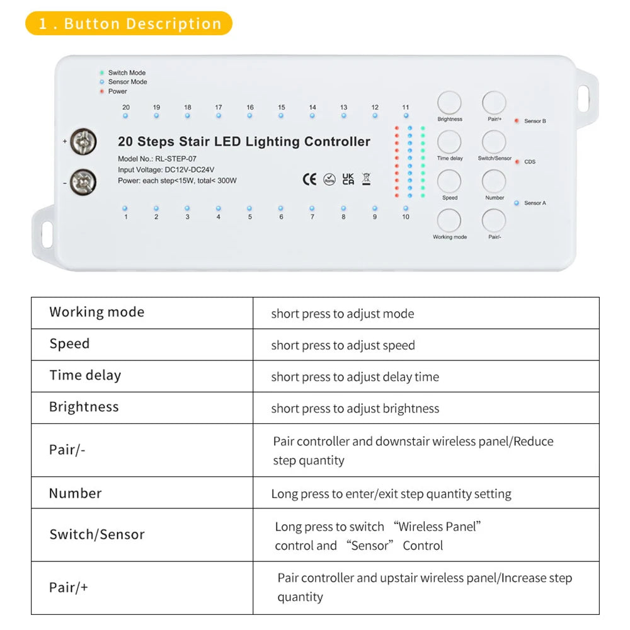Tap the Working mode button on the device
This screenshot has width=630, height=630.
coord(449,221)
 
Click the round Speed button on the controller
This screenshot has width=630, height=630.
coord(449,181)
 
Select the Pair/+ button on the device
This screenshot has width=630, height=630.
coord(494,103)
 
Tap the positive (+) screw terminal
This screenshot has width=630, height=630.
coord(83,142)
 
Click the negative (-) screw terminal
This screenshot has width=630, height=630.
coord(83,182)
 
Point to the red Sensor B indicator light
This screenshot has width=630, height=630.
coord(516,120)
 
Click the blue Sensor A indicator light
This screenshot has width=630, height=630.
coord(516,203)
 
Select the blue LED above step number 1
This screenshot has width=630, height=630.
coord(125,208)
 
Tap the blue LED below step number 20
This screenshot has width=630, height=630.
coord(125,116)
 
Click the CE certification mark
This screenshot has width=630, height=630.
coord(309,179)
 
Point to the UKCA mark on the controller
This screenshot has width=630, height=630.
coord(348,179)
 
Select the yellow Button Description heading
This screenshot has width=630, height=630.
coord(129,24)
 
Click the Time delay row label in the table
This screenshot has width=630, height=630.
coord(85,375)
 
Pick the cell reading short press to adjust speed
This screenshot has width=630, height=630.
coord(343,345)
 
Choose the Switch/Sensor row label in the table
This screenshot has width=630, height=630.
coord(97,535)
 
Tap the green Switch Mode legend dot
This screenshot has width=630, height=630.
coord(101,72)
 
